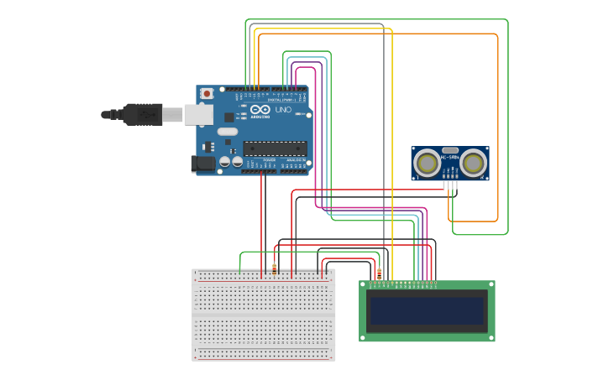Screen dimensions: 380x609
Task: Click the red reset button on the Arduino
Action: click(x=207, y=94)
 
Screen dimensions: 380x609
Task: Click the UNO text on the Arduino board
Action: click(x=283, y=110)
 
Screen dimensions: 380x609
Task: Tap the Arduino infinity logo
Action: click(x=260, y=110)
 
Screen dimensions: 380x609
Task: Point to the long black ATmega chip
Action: click(x=275, y=148)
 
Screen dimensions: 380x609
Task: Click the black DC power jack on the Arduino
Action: click(x=202, y=164)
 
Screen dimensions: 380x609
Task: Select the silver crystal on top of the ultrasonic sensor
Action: click(x=451, y=149)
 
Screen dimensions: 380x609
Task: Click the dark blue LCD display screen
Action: click(x=428, y=311)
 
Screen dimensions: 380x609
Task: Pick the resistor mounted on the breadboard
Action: click(x=274, y=269)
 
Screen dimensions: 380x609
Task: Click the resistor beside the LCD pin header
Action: click(x=379, y=273)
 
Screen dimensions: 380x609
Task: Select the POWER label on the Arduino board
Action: click(x=269, y=159)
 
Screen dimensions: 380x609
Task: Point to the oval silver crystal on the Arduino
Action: click(x=228, y=132)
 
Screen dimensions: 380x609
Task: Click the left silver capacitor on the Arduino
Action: click(x=225, y=161)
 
